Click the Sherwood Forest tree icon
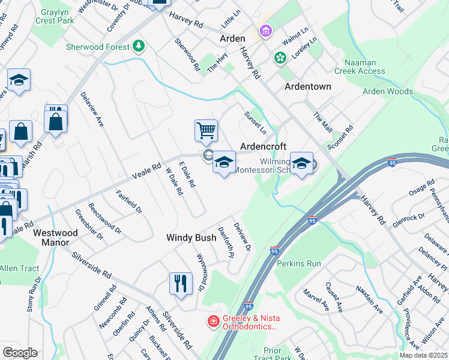pos(139,46)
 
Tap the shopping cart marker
pos(206,130)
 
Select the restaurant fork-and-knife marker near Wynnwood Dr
pos(181,283)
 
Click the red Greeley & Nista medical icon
pos(212,322)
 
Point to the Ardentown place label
pos(307,86)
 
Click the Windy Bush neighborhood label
pos(191,238)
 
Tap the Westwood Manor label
pos(56,238)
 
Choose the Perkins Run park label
pos(299,263)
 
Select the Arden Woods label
pos(388,92)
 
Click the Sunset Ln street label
pos(255,122)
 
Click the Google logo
pos(20,353)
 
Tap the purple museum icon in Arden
pos(265,30)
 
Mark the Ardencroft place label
pos(263,146)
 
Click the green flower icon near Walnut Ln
pos(279,58)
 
